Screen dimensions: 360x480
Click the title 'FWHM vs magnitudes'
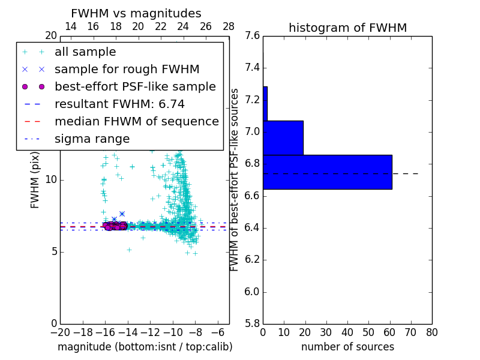[x=136, y=13]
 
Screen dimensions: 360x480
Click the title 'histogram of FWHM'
[x=347, y=28]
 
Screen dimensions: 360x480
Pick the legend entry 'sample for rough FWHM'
[x=127, y=70]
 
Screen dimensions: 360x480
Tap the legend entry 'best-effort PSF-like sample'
[x=135, y=87]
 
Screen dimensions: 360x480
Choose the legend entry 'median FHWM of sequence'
[x=136, y=122]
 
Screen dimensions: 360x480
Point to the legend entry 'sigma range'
[x=92, y=139]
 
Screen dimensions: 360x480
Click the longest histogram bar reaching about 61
[x=327, y=172]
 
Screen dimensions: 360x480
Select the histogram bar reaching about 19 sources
[x=283, y=137]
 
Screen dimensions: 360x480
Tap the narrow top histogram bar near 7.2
[x=265, y=103]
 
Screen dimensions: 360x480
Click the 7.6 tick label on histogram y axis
[x=253, y=35]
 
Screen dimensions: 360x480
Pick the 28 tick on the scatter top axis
[x=229, y=26]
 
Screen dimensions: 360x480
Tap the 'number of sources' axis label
[x=347, y=347]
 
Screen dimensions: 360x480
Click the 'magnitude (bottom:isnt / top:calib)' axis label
[x=145, y=347]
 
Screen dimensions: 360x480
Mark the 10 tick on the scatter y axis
[x=50, y=179]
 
